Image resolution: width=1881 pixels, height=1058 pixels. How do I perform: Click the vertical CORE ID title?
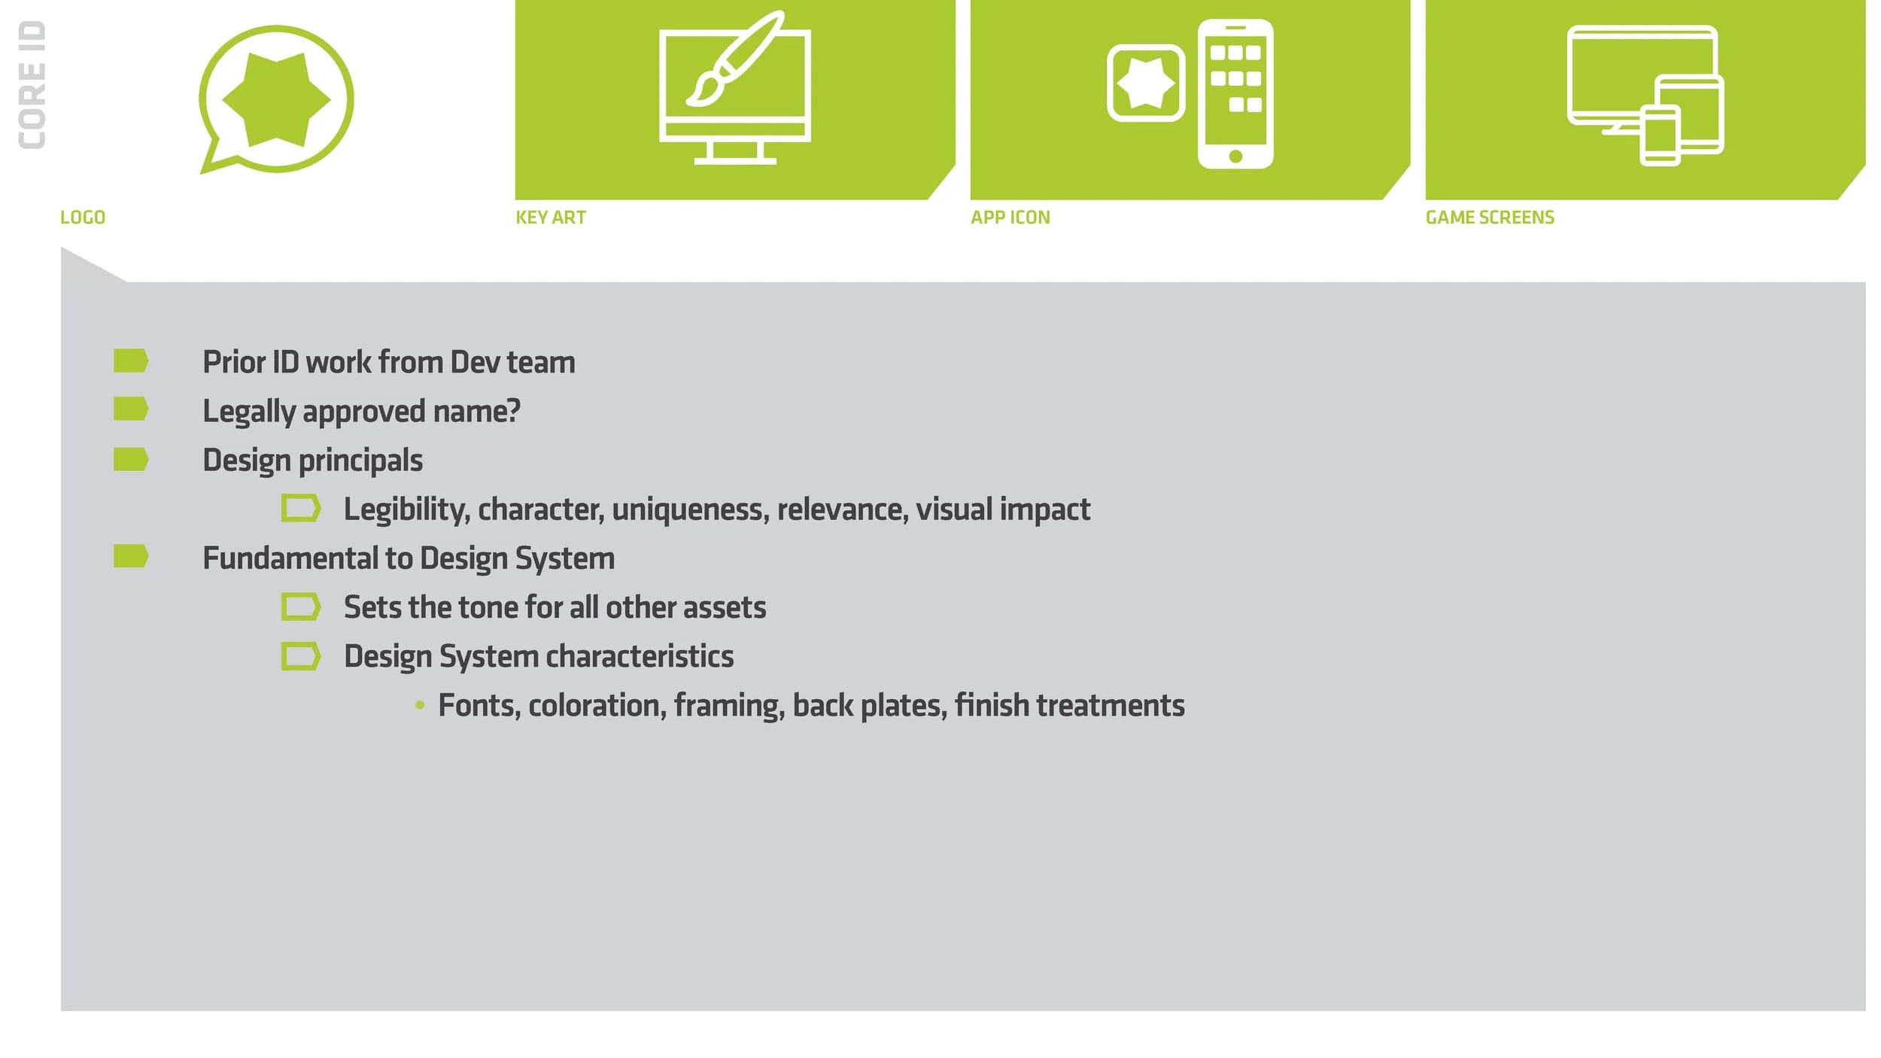(x=32, y=85)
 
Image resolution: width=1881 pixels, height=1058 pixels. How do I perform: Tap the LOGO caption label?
(x=83, y=217)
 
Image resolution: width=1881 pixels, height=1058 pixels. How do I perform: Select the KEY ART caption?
(x=551, y=217)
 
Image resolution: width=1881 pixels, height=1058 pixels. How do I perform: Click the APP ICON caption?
(x=1010, y=217)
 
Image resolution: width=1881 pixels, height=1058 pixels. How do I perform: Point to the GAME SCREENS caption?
(x=1490, y=217)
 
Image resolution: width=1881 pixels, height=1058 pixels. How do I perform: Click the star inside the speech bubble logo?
(x=276, y=99)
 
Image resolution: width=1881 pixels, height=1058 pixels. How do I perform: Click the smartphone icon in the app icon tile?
(x=1235, y=94)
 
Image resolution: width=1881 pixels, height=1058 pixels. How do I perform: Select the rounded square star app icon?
(x=1146, y=83)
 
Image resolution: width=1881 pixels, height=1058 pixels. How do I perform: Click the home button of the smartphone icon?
(x=1235, y=157)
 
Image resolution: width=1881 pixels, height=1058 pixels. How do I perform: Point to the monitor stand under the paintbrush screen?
(x=735, y=153)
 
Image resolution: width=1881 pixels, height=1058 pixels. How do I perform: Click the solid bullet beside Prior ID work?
(x=131, y=360)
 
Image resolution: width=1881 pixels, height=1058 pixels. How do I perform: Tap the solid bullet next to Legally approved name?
(x=131, y=409)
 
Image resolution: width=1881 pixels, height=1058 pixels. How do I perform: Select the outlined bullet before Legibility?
(x=301, y=508)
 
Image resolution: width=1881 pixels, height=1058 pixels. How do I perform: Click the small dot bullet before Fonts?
(x=420, y=705)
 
